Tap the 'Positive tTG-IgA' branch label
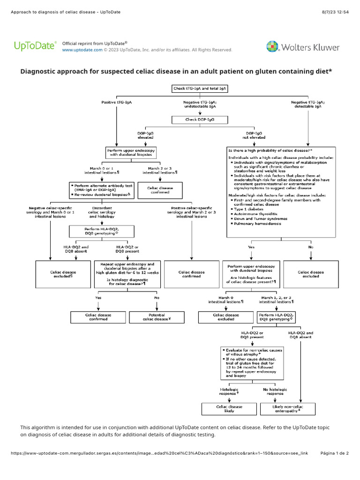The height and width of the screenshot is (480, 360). click(117, 102)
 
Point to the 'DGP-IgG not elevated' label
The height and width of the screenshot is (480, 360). click(254, 135)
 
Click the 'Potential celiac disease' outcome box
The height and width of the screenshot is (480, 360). click(156, 317)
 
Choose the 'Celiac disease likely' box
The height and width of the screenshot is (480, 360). click(229, 409)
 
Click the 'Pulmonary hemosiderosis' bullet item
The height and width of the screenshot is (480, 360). click(261, 224)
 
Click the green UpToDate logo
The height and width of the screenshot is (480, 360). click(35, 46)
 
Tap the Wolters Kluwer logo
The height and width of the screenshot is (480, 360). click(303, 47)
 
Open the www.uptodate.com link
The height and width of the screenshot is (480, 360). click(82, 50)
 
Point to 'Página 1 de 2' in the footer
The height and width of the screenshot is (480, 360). click(334, 453)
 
